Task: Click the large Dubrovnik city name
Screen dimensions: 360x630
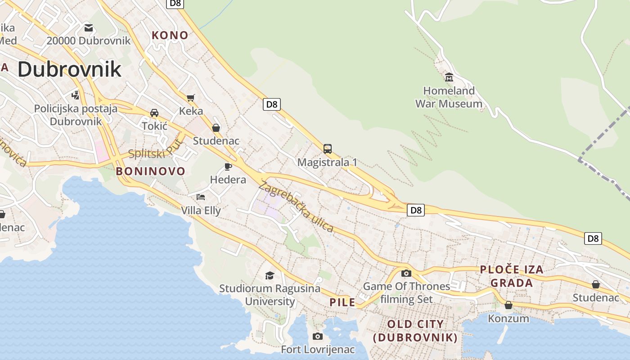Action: [x=69, y=69]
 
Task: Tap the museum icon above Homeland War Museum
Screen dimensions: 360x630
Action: [x=449, y=77]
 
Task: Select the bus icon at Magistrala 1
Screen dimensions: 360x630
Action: [x=327, y=148]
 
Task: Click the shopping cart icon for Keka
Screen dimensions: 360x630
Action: [x=191, y=98]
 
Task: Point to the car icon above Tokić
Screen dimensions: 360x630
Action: [x=154, y=112]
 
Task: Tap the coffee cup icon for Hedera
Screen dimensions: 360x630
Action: [x=228, y=167]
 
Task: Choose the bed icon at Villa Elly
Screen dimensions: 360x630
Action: [x=201, y=197]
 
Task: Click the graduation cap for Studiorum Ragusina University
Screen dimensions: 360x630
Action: [x=270, y=275]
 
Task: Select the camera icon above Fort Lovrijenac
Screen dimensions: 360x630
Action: [x=318, y=336]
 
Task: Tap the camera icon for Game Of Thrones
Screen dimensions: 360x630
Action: [x=406, y=273]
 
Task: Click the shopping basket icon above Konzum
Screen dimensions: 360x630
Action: [x=508, y=305]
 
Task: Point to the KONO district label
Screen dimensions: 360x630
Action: [x=170, y=35]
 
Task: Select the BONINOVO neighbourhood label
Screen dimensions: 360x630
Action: [x=150, y=171]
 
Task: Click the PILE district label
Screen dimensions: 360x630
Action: [x=342, y=302]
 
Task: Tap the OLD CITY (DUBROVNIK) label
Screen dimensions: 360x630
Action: [x=415, y=331]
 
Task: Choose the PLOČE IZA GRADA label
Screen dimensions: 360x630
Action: [x=512, y=276]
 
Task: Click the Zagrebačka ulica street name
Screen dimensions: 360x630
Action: [x=296, y=207]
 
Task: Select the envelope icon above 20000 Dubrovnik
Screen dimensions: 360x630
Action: [x=89, y=28]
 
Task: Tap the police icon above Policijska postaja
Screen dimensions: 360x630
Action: [x=76, y=95]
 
